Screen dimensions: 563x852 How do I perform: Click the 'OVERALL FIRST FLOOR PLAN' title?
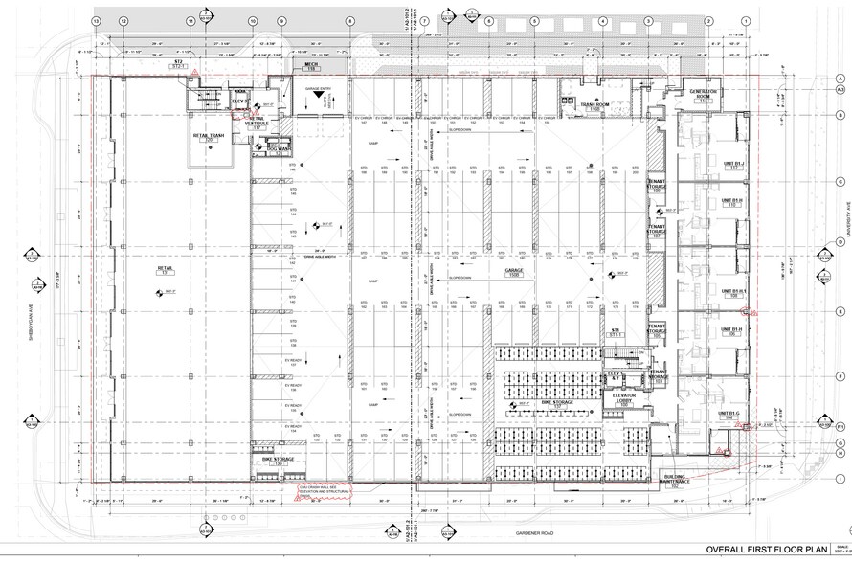pyautogui.click(x=765, y=549)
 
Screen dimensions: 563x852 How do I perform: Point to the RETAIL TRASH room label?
pyautogui.click(x=210, y=138)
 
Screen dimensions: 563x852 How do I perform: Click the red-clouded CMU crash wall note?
pyautogui.click(x=319, y=490)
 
